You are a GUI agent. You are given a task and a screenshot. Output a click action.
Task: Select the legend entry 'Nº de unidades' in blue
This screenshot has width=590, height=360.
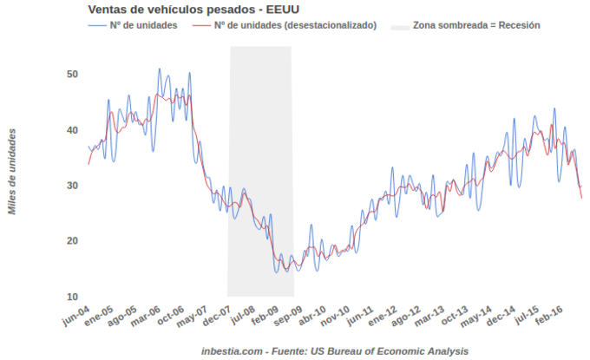pyautogui.click(x=143, y=25)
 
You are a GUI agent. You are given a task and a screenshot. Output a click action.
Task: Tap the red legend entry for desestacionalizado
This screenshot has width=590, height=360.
pyautogui.click(x=295, y=25)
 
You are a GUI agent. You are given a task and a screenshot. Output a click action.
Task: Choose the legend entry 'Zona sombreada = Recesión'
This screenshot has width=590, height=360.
pyautogui.click(x=476, y=25)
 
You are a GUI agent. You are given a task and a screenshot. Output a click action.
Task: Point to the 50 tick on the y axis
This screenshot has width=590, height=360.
pyautogui.click(x=73, y=74)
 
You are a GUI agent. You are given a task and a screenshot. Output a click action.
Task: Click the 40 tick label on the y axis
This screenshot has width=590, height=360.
pyautogui.click(x=73, y=130)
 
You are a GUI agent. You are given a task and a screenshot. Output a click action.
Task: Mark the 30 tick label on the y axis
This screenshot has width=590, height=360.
pyautogui.click(x=73, y=186)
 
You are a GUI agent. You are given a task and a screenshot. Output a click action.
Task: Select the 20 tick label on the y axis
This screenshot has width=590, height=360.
pyautogui.click(x=73, y=241)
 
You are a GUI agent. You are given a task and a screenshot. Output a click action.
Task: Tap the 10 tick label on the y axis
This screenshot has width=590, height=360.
pyautogui.click(x=73, y=297)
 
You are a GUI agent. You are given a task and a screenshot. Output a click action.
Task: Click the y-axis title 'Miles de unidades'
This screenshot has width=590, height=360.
pyautogui.click(x=12, y=171)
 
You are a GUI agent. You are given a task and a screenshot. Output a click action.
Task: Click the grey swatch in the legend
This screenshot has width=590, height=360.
pyautogui.click(x=399, y=25)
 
